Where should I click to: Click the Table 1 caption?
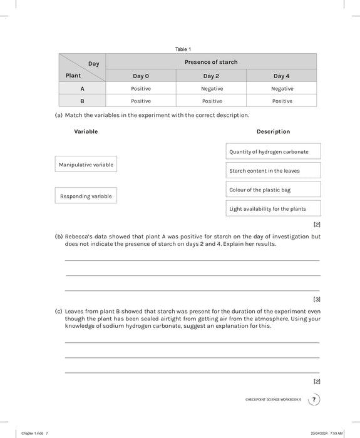click(183, 49)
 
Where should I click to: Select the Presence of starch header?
click(211, 62)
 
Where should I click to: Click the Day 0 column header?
click(141, 76)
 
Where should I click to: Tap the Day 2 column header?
click(211, 76)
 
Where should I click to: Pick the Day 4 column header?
click(281, 76)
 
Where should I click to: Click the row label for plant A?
click(82, 89)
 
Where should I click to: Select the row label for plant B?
click(82, 101)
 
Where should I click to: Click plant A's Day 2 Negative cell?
click(212, 89)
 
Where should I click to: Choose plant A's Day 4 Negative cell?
click(282, 89)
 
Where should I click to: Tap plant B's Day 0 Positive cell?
click(141, 101)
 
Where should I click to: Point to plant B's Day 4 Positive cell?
click(282, 101)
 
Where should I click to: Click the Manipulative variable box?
click(86, 165)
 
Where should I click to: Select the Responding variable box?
click(86, 196)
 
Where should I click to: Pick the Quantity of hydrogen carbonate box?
click(273, 151)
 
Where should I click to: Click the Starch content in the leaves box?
click(273, 171)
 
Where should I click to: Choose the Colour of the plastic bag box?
click(273, 190)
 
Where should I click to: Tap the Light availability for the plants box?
click(273, 209)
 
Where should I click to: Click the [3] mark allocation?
click(316, 299)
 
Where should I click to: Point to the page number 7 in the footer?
click(314, 399)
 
